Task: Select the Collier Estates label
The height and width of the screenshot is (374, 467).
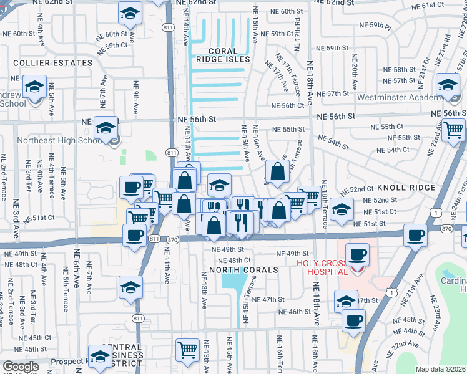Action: pos(44,63)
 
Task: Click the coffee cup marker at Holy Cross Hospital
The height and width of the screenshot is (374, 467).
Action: pos(356,254)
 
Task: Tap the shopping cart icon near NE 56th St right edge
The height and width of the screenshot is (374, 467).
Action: pos(454,130)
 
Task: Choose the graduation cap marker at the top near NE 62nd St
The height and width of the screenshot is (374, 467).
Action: pos(129,12)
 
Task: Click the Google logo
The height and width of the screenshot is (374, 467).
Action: pos(21,367)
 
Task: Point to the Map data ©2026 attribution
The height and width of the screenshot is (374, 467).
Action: pos(440,369)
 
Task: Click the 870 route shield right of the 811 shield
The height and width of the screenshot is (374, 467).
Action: pos(173,239)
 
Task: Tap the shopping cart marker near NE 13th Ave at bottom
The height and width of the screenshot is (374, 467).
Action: pos(187,350)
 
